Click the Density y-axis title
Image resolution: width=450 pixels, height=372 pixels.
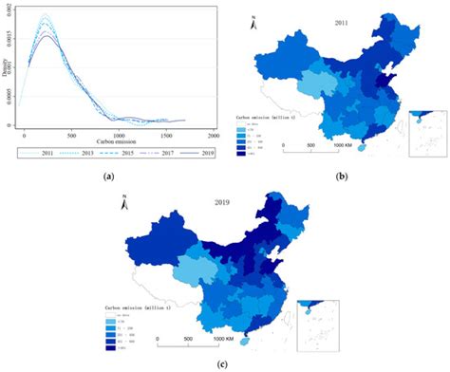point(8,70)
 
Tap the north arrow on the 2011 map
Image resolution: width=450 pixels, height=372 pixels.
point(253,22)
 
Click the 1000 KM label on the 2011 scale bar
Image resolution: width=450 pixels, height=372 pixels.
point(345,145)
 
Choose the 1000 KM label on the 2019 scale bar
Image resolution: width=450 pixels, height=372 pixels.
point(225,338)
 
